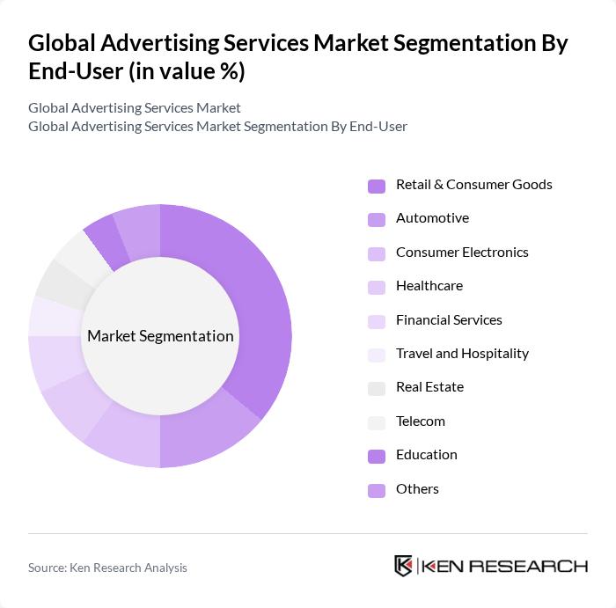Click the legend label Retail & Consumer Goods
(x=473, y=185)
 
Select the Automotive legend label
(x=432, y=218)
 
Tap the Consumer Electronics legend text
(x=462, y=253)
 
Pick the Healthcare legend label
(x=429, y=286)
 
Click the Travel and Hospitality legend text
(x=462, y=354)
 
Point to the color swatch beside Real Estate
(x=377, y=388)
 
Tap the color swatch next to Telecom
(x=377, y=421)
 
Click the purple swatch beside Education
(x=377, y=456)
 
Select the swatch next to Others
(x=377, y=489)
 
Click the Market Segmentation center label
(x=160, y=336)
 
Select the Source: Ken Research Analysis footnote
(x=107, y=568)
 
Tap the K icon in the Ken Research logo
(x=403, y=566)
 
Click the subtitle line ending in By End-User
(x=217, y=126)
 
